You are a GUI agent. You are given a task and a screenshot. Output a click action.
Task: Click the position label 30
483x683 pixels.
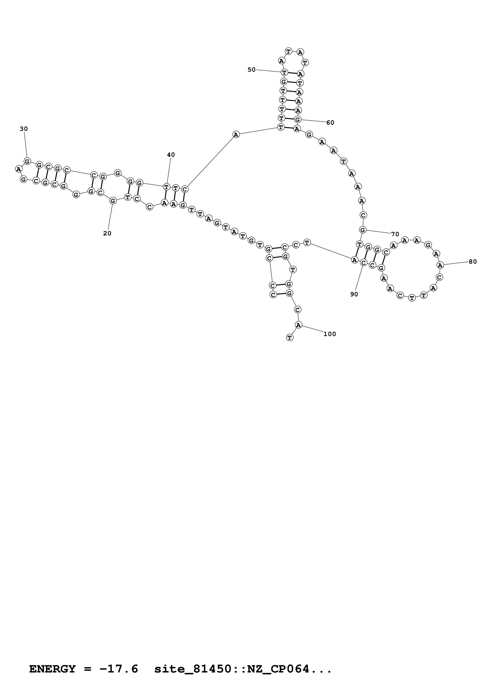pyautogui.click(x=24, y=129)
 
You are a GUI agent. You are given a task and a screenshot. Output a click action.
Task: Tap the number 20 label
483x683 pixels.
pyautogui.click(x=107, y=233)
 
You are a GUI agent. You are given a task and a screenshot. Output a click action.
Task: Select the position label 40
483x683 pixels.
pyautogui.click(x=171, y=155)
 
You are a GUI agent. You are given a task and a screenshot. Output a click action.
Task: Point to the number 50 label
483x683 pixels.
pyautogui.click(x=252, y=70)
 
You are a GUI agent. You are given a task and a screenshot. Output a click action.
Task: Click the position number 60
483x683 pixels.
pyautogui.click(x=330, y=122)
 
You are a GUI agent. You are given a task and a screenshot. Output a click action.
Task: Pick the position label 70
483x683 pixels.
pyautogui.click(x=395, y=234)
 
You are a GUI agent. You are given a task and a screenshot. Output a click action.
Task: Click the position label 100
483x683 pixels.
pyautogui.click(x=330, y=334)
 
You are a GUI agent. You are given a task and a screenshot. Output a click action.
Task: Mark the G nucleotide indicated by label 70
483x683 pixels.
pyautogui.click(x=362, y=230)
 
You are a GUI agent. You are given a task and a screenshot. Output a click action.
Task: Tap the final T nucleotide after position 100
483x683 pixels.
pyautogui.click(x=290, y=338)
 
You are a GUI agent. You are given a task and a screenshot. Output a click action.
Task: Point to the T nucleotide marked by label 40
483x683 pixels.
pyautogui.click(x=166, y=187)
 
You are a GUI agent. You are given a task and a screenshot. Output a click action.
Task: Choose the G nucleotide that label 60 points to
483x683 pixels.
pyautogui.click(x=298, y=120)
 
